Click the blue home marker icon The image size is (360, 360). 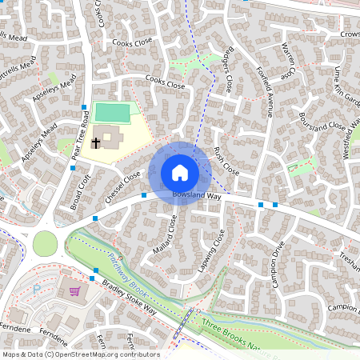(180, 172)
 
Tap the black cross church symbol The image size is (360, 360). (96, 144)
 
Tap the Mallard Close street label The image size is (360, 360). (163, 237)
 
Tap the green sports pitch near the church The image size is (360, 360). (112, 112)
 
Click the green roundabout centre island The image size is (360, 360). (45, 242)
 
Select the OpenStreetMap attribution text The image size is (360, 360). (80, 354)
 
